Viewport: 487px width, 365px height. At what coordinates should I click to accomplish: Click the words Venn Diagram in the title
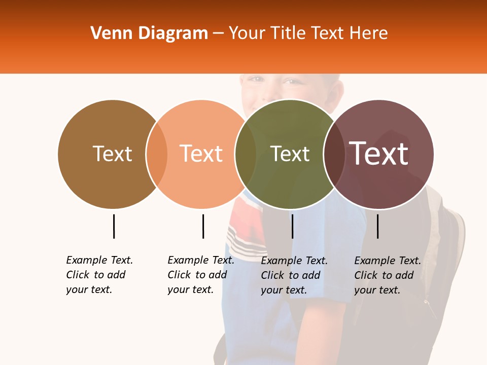(149, 33)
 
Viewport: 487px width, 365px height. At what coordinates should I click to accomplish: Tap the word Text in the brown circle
(112, 154)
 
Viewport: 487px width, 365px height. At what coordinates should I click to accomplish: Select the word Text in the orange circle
(201, 154)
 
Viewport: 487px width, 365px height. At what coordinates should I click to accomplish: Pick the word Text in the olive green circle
(290, 154)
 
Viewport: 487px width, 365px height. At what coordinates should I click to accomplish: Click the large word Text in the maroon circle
(379, 153)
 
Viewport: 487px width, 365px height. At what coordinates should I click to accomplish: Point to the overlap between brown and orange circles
(157, 154)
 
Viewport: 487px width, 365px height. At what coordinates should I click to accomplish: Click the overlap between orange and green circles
(246, 154)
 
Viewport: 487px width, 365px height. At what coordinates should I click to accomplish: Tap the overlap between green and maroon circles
(334, 154)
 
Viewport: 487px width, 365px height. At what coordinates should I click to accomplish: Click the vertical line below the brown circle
(114, 226)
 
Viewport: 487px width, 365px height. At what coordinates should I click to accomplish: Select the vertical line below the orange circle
(203, 226)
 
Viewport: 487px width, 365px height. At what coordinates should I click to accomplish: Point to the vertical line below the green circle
(292, 226)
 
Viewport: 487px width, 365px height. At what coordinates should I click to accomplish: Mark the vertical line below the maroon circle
(377, 226)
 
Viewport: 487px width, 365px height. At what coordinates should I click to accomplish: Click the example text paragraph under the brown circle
(99, 275)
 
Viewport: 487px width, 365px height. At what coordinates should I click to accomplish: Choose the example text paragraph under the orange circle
(200, 275)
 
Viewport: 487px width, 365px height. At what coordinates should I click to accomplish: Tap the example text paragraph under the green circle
(294, 275)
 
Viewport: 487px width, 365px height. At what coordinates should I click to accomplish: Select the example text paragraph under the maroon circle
(387, 275)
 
